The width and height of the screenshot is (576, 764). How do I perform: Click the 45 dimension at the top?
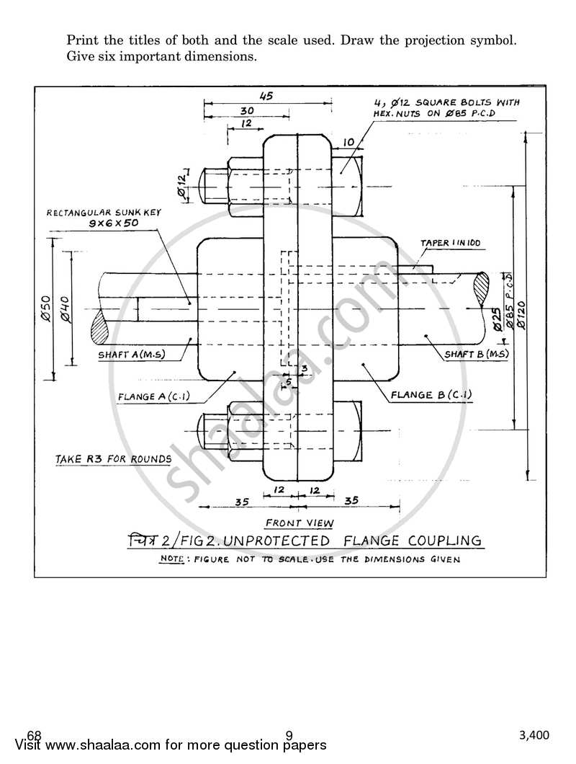pyautogui.click(x=266, y=95)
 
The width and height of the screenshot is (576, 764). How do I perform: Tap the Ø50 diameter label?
pyautogui.click(x=45, y=308)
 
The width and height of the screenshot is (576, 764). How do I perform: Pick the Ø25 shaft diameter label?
pyautogui.click(x=497, y=317)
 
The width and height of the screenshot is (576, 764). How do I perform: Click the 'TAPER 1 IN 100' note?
pyautogui.click(x=450, y=244)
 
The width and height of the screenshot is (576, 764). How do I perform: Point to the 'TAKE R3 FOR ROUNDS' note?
pyautogui.click(x=114, y=459)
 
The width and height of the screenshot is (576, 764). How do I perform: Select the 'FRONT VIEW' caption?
pyautogui.click(x=294, y=523)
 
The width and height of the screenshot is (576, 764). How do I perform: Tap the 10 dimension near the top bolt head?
pyautogui.click(x=348, y=142)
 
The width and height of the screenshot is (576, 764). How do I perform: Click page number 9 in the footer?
pyautogui.click(x=289, y=735)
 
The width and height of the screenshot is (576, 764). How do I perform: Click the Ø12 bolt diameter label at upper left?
pyautogui.click(x=181, y=185)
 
